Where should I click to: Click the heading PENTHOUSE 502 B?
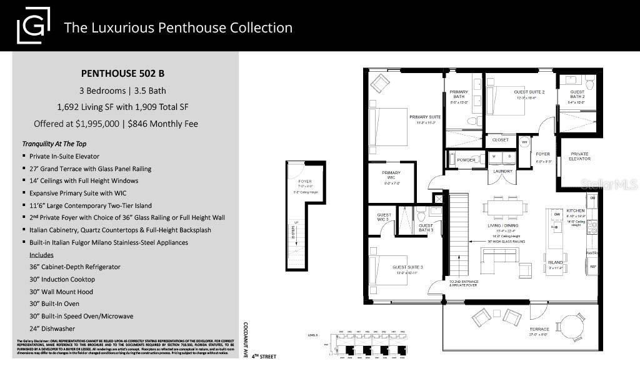pyautogui.click(x=125, y=73)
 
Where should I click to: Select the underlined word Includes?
pyautogui.click(x=41, y=255)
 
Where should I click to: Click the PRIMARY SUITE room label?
pyautogui.click(x=425, y=117)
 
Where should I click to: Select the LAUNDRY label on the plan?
pyautogui.click(x=503, y=171)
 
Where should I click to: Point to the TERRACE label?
pyautogui.click(x=539, y=328)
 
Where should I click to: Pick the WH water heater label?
pyautogui.click(x=524, y=142)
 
